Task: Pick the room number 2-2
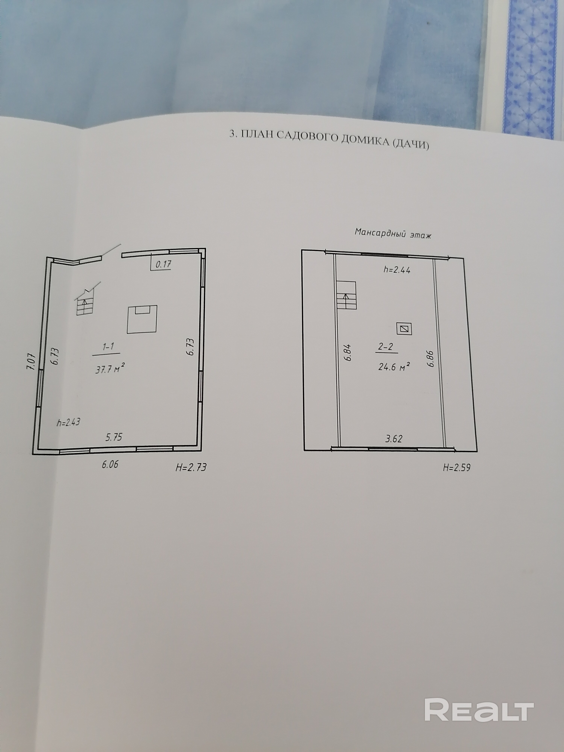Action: [x=386, y=346]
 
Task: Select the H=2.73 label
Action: [x=191, y=467]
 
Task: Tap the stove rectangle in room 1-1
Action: [x=142, y=319]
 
